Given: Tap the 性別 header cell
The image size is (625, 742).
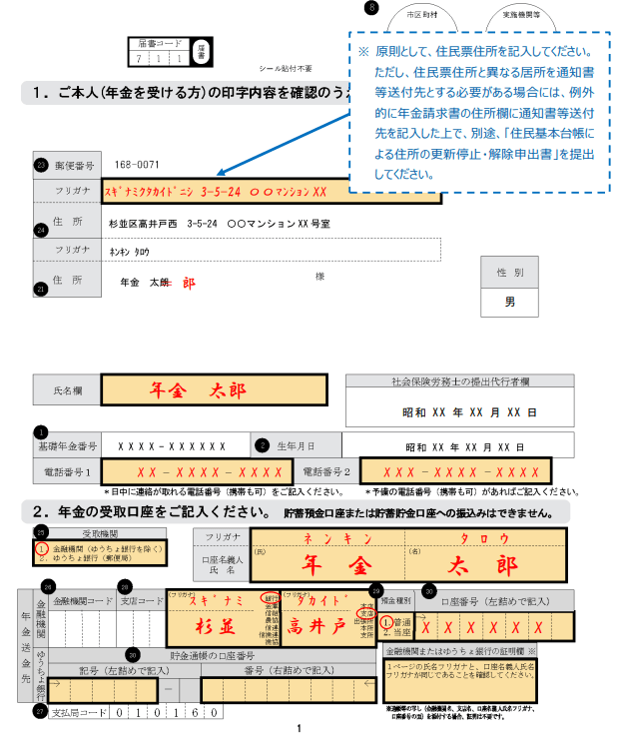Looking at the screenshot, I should point(509,273).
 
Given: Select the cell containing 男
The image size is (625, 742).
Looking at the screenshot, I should point(509,300).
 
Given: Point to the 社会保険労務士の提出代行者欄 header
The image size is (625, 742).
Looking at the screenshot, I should point(460,381).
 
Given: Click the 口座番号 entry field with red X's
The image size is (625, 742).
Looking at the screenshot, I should point(495,628).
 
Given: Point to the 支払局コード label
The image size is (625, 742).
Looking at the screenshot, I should point(80,713).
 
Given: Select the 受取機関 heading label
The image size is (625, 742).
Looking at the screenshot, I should point(100,533).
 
